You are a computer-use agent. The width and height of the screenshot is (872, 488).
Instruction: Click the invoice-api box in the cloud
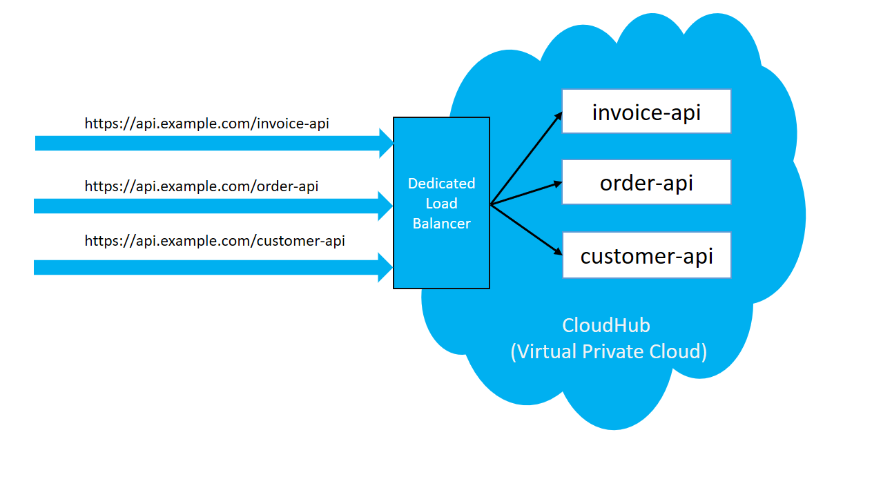[646, 111]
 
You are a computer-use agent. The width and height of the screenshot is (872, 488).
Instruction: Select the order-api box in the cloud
[646, 182]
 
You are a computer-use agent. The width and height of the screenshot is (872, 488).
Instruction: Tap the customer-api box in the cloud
[646, 255]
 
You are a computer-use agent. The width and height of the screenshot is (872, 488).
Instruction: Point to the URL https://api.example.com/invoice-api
[206, 124]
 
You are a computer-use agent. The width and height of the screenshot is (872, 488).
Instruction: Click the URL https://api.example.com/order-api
[201, 186]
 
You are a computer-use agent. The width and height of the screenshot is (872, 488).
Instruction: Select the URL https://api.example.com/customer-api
[215, 241]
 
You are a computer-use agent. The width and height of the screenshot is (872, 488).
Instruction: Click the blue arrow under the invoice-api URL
[207, 143]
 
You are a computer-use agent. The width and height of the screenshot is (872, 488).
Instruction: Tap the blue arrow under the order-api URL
[207, 206]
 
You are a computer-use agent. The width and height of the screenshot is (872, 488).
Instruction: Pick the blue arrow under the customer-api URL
[207, 267]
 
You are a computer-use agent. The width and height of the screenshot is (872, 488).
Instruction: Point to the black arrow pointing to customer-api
[525, 228]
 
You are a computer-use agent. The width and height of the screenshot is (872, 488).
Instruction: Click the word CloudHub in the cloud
[605, 325]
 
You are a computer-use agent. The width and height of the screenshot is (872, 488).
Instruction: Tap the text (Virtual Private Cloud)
[608, 351]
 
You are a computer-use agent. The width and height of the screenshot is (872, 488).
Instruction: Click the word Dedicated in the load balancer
[441, 184]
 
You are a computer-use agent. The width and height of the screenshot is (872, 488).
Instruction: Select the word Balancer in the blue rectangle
[441, 224]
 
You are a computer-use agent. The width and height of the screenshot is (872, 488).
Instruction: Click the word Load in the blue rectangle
[441, 204]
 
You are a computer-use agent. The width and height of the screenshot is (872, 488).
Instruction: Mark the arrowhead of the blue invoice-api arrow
[386, 143]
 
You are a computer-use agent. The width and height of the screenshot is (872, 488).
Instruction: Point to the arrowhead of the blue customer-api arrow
[385, 267]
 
